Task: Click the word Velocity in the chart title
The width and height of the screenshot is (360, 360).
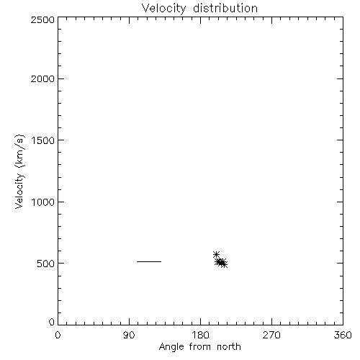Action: coord(164,9)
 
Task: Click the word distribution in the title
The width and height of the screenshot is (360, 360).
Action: coord(225,8)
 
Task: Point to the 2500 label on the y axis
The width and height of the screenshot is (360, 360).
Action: coord(42,19)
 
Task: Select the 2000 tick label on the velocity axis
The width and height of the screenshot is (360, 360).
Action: coord(42,78)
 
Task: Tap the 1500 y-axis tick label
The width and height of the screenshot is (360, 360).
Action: coord(43,140)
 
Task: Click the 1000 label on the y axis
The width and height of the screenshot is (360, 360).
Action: coord(43,202)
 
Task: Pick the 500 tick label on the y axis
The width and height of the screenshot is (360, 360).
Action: coord(46,264)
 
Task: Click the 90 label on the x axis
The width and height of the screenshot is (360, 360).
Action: coord(129,335)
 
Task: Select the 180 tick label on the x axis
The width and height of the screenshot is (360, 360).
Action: coord(200,335)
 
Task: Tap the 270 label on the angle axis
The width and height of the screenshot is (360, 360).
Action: coord(271,335)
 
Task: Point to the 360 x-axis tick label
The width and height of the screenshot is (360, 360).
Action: coord(343,335)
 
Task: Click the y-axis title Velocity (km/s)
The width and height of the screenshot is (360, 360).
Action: coord(19,171)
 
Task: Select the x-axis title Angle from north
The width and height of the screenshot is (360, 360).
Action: coord(200,347)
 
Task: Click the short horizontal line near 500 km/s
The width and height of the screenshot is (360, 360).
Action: coord(149,261)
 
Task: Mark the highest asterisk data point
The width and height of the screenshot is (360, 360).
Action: coord(216,254)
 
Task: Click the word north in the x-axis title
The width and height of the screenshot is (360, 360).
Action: coord(229,346)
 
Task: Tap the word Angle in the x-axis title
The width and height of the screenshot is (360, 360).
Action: coord(171,347)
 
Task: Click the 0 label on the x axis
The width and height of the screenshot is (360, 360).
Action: coord(58,335)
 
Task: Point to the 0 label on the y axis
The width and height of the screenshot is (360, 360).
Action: coord(52,322)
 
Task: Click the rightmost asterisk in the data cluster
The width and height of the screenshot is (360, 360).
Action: coord(224,264)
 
